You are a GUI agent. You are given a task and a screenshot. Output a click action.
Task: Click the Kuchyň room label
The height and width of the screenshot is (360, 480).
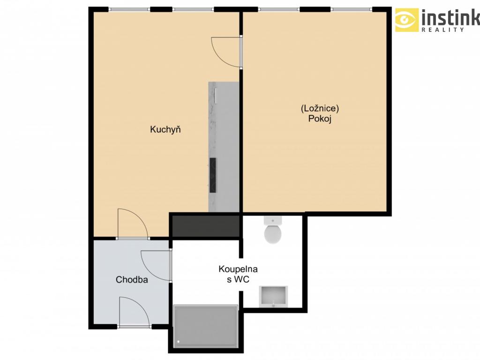tap(165, 129)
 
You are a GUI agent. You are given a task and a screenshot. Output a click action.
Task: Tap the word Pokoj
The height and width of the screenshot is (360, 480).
tap(320, 119)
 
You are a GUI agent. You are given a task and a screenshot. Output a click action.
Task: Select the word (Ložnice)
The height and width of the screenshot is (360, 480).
tap(320, 108)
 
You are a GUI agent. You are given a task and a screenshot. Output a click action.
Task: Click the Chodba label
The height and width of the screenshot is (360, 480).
tap(132, 279)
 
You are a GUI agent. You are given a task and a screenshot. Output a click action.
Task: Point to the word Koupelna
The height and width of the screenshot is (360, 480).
tap(238, 269)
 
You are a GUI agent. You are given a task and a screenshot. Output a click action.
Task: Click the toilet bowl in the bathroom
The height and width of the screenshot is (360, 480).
tap(273, 234)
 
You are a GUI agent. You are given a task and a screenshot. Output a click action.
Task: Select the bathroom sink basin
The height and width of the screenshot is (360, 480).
tap(273, 296)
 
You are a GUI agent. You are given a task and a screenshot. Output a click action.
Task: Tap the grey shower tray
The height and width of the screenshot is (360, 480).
tap(205, 326)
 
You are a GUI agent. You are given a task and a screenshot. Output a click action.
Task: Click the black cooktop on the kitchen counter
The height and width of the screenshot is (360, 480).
tap(213, 175)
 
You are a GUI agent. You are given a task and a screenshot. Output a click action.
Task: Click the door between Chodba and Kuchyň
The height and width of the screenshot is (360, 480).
tap(133, 224)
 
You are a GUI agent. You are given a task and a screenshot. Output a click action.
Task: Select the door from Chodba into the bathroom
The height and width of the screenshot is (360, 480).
tap(156, 265)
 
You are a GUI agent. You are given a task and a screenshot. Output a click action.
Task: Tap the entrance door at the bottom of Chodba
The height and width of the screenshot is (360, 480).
tap(134, 312)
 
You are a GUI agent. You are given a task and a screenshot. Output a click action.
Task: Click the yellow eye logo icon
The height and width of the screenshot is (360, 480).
tap(406, 20)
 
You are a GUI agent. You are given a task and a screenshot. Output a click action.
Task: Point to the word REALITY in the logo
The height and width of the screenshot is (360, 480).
tap(442, 30)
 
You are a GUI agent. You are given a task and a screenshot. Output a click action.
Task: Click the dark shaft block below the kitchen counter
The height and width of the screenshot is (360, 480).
tap(206, 226)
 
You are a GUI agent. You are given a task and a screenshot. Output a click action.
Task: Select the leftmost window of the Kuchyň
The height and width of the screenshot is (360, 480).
tap(129, 9)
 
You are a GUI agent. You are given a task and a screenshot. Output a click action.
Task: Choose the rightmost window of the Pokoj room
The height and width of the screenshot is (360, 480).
tap(352, 9)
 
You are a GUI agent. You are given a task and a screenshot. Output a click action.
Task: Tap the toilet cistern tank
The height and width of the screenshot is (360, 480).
tap(273, 220)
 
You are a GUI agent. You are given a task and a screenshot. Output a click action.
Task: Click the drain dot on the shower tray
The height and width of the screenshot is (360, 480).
tap(179, 342)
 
